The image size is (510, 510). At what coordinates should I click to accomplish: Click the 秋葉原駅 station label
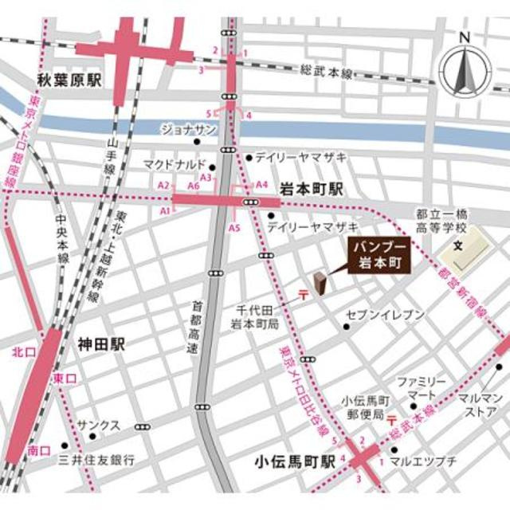tap(71, 80)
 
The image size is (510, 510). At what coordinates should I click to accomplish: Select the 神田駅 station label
tap(101, 344)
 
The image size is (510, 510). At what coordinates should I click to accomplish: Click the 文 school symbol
tap(457, 245)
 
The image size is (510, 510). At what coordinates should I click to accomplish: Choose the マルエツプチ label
tap(426, 461)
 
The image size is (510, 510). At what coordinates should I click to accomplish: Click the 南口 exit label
tap(38, 451)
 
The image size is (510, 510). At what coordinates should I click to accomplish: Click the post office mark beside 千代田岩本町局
tap(304, 295)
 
